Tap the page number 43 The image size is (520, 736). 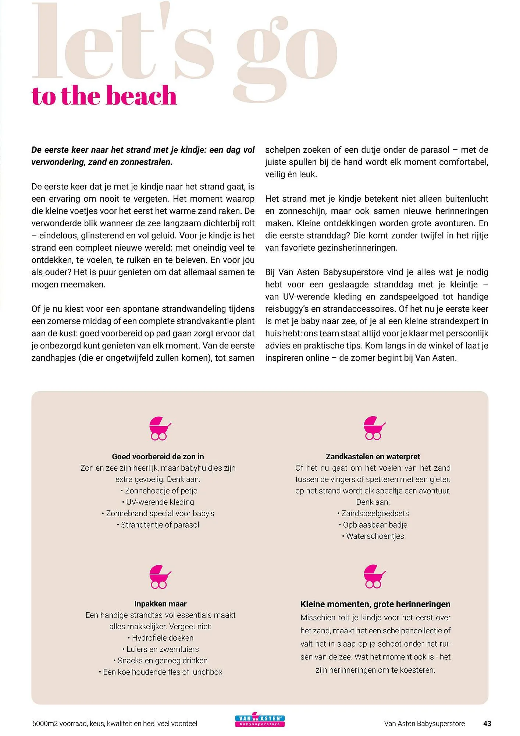click(x=487, y=723)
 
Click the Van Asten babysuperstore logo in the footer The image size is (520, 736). click(x=260, y=721)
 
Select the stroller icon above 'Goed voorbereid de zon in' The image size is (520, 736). click(x=160, y=428)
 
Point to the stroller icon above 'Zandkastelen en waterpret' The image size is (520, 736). click(x=374, y=428)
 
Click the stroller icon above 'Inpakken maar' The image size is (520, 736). click(x=160, y=576)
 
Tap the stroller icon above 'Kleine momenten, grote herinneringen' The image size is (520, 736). click(x=374, y=576)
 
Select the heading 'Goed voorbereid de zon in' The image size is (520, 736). click(x=158, y=457)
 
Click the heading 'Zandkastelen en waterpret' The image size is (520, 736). click(x=373, y=457)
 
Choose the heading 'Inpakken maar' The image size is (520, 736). click(x=160, y=604)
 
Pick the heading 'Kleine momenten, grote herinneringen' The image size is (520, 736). click(x=375, y=604)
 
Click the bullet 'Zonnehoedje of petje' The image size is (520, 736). click(x=161, y=491)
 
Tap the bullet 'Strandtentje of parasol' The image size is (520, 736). click(x=160, y=525)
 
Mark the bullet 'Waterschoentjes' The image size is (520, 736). click(x=375, y=537)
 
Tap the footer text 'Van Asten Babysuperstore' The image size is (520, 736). click(x=424, y=724)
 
